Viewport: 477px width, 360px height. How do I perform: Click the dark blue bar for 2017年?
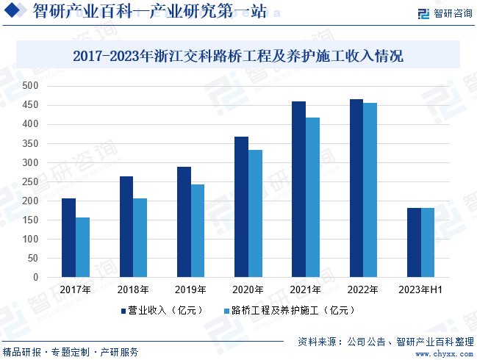pyautogui.click(x=68, y=237)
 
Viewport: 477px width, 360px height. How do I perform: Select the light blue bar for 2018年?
pyautogui.click(x=140, y=237)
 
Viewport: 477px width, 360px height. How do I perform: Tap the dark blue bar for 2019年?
pyautogui.click(x=183, y=222)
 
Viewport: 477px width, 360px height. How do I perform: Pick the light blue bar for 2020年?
pyautogui.click(x=255, y=213)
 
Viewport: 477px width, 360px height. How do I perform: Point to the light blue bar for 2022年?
pyautogui.click(x=370, y=190)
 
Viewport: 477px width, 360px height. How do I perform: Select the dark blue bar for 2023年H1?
pyautogui.click(x=414, y=242)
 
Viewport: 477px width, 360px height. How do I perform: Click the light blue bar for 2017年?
pyautogui.click(x=82, y=247)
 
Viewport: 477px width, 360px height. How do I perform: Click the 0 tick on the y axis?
pyautogui.click(x=35, y=278)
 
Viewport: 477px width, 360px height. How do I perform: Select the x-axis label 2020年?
pyautogui.click(x=248, y=290)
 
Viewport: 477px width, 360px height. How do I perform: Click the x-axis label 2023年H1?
pyautogui.click(x=420, y=290)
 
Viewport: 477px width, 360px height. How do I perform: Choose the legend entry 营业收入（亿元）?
pyautogui.click(x=161, y=311)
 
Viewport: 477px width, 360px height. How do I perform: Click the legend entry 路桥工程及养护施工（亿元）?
pyautogui.click(x=290, y=311)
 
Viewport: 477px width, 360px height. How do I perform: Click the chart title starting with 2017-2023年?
pyautogui.click(x=238, y=55)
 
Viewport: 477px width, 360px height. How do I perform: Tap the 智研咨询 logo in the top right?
pyautogui.click(x=444, y=14)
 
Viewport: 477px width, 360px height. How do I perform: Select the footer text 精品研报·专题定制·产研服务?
pyautogui.click(x=71, y=352)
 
